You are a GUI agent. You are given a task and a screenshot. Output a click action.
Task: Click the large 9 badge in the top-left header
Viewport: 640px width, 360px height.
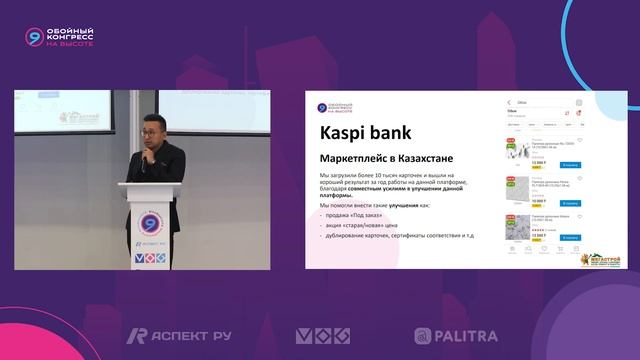(x=35, y=37)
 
